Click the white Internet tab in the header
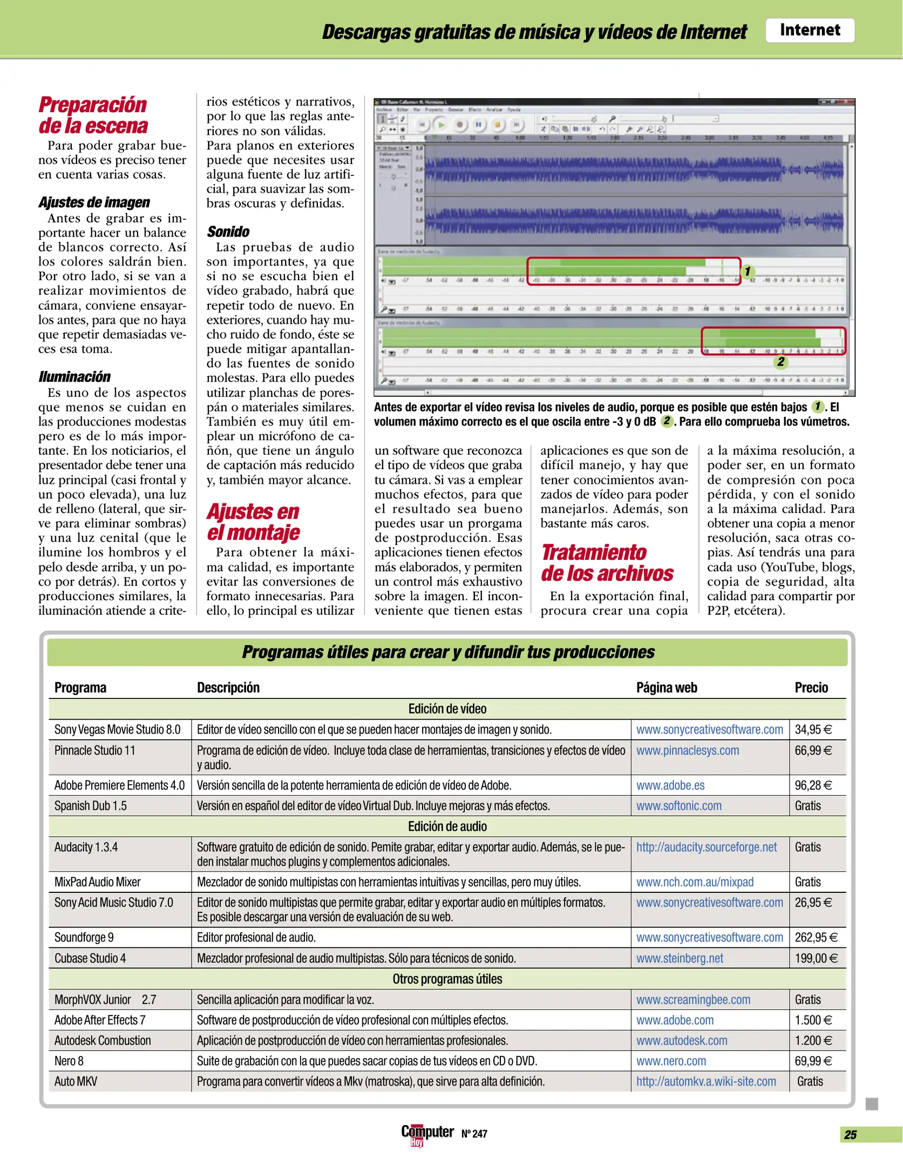click(x=809, y=30)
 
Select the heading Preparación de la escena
click(x=93, y=115)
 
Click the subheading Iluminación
click(x=74, y=376)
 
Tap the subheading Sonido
click(x=228, y=232)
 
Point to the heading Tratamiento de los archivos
click(x=607, y=563)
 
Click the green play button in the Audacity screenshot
click(x=441, y=125)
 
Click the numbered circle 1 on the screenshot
click(x=748, y=271)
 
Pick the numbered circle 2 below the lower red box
click(x=780, y=362)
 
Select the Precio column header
click(x=811, y=687)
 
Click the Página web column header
click(x=666, y=687)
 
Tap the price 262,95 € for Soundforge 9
click(x=816, y=937)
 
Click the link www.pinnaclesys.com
click(x=687, y=750)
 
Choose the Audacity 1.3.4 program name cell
click(x=86, y=847)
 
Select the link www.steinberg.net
click(x=680, y=958)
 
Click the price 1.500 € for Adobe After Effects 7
click(x=813, y=1020)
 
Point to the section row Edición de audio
click(x=447, y=826)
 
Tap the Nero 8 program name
click(x=69, y=1061)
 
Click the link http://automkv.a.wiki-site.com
click(x=705, y=1081)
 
